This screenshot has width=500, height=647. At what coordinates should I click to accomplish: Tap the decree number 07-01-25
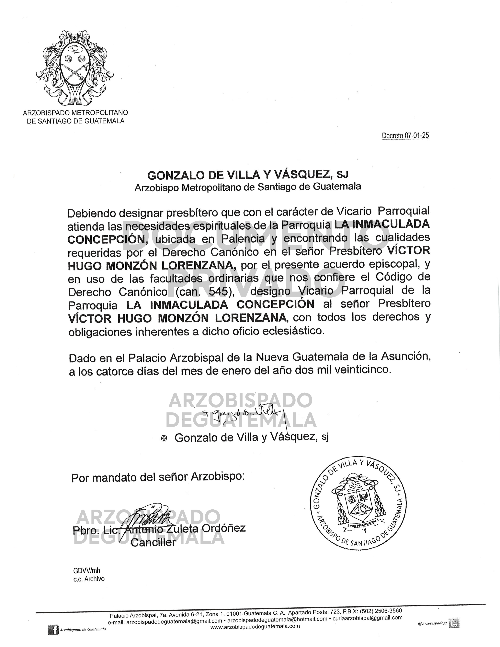pyautogui.click(x=405, y=136)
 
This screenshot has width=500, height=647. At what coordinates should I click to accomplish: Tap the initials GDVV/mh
pyautogui.click(x=85, y=571)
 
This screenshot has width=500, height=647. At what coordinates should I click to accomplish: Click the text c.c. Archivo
pyautogui.click(x=89, y=578)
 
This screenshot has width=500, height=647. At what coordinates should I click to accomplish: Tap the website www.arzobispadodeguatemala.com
pyautogui.click(x=255, y=626)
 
